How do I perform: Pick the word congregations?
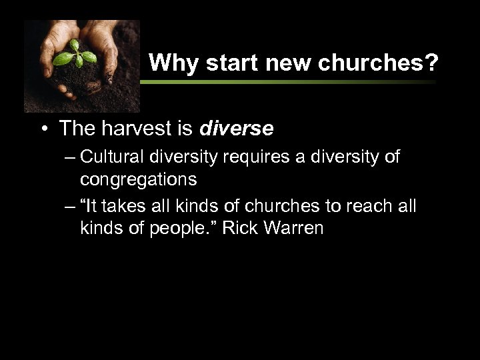[x=139, y=179]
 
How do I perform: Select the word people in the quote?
[x=176, y=227]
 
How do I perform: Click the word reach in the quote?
[x=363, y=207]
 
